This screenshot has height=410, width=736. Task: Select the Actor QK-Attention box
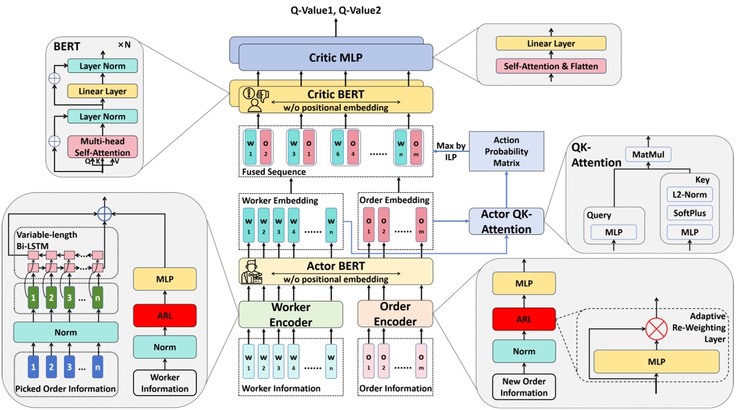click(x=506, y=221)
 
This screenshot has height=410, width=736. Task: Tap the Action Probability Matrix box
click(x=506, y=151)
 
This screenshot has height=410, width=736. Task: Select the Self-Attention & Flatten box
click(x=551, y=66)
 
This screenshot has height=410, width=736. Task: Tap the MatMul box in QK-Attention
click(x=648, y=153)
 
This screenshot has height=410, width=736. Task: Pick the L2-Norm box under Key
click(x=687, y=195)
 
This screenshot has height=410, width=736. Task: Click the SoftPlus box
click(x=687, y=213)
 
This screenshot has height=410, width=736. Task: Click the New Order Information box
click(x=524, y=387)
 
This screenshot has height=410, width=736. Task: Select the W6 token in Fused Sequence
click(x=337, y=145)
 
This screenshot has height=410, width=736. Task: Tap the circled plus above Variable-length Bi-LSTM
click(x=103, y=213)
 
